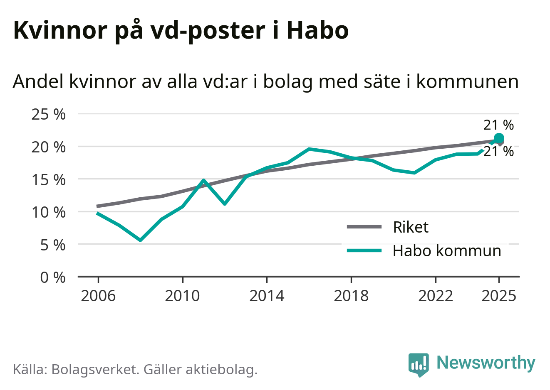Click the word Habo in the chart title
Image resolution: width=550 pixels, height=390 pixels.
pos(317,30)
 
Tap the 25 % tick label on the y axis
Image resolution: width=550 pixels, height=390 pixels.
pos(49,114)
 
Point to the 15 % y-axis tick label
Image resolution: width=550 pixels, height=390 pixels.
pos(49,180)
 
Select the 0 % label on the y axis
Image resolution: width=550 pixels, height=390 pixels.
pos(53,277)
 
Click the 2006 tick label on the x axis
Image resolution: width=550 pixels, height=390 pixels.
pos(98,296)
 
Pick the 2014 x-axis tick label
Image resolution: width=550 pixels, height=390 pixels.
pos(267,296)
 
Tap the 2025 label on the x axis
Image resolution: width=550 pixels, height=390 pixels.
pos(498,296)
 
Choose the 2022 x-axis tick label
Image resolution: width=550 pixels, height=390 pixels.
pos(436,296)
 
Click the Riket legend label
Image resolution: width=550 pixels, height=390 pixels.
pos(410,227)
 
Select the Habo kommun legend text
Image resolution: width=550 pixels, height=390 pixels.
pos(447,251)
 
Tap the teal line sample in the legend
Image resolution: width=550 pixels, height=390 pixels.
pos(364,250)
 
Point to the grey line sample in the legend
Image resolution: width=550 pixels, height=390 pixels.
pos(364,227)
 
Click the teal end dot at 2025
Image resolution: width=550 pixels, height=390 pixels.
pos(498,139)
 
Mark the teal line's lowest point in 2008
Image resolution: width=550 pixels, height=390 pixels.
pos(141,240)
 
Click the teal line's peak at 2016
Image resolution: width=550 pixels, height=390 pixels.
pos(309,149)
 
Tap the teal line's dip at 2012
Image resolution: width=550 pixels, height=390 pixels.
pos(225,204)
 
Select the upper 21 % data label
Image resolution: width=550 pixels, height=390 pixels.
pos(498,125)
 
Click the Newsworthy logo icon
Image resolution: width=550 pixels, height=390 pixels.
pos(418,364)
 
